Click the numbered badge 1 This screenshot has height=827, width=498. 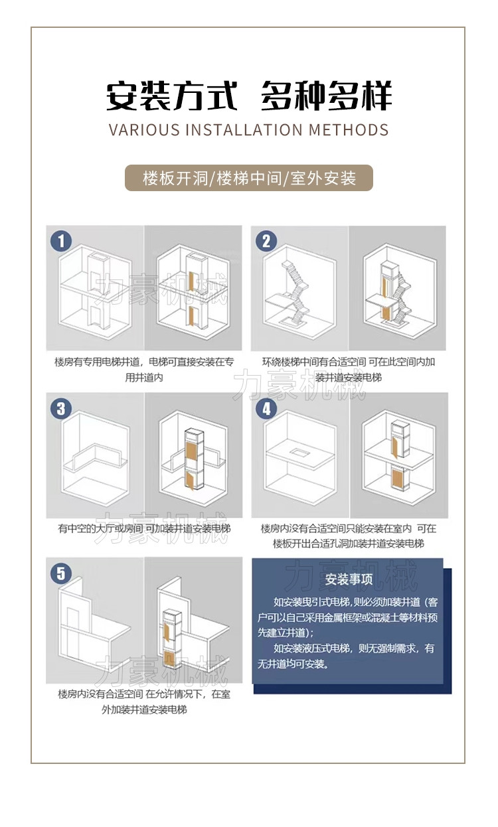[61, 241]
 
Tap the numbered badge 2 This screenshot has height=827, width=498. [266, 241]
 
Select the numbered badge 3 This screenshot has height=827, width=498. [61, 408]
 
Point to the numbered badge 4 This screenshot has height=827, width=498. [266, 408]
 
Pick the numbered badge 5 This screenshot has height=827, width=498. [61, 573]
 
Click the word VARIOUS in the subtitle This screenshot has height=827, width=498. [144, 130]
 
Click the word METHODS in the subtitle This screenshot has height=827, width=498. [349, 130]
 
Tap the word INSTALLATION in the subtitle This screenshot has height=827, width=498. [244, 130]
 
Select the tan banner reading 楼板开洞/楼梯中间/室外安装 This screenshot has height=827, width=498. [249, 178]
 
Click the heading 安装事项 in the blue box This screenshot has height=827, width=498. [349, 579]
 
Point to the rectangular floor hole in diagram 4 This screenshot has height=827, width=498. [300, 452]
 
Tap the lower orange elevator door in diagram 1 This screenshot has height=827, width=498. [191, 315]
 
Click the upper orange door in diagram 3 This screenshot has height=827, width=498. [191, 450]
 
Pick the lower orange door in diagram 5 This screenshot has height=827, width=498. [169, 659]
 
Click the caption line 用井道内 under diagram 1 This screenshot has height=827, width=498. [144, 377]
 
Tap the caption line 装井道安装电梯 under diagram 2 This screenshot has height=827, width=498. [349, 377]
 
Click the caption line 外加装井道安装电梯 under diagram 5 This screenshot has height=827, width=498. [144, 710]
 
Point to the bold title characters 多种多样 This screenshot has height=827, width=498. [326, 96]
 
